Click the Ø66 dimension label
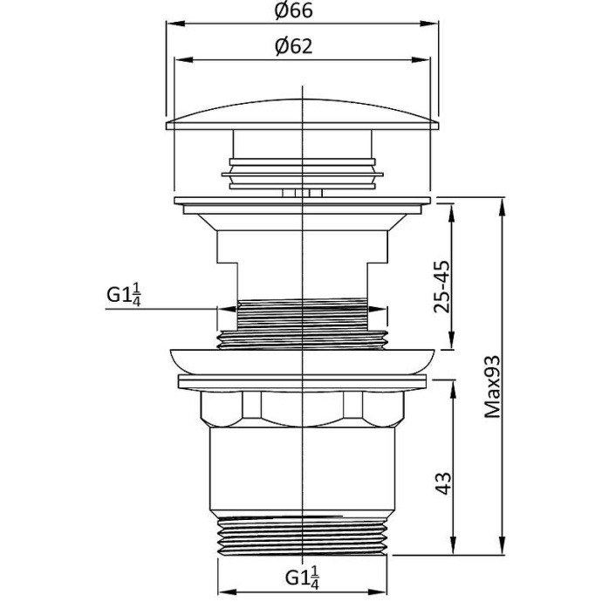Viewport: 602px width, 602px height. tap(293, 11)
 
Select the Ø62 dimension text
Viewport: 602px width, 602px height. tap(293, 47)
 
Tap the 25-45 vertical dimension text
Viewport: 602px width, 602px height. tap(442, 284)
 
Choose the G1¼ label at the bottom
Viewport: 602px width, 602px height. tap(301, 577)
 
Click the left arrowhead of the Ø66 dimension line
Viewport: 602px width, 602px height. tap(171, 24)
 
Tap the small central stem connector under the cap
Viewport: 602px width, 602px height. tap(301, 193)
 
